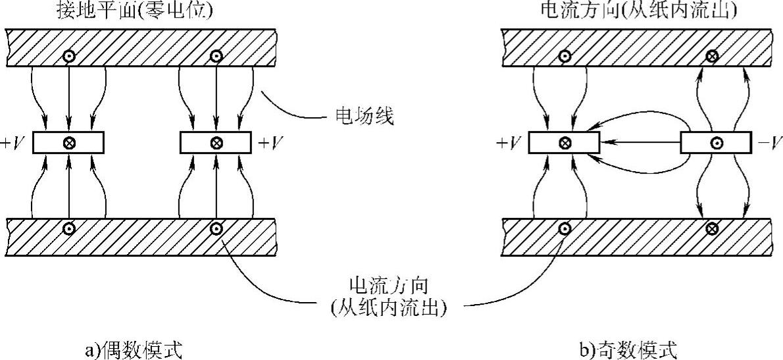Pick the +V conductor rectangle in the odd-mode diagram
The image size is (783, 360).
564,141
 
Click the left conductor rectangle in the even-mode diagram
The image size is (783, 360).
68,141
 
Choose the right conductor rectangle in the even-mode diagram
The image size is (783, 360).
215,141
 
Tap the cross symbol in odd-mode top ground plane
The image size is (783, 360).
711,56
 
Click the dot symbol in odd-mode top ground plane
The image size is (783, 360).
564,56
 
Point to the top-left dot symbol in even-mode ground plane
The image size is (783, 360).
68,56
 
